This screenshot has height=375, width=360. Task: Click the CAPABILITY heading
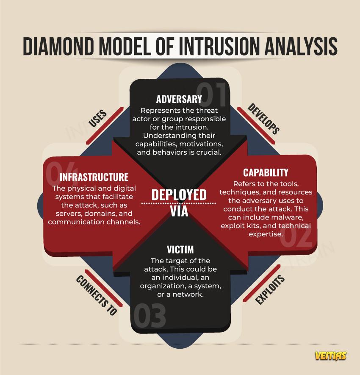(266, 172)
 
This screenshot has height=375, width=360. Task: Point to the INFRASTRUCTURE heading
(94, 177)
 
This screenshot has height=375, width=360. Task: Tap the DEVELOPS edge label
(263, 119)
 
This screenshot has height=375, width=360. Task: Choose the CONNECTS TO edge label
(96, 295)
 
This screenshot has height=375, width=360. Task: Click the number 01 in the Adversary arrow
(212, 92)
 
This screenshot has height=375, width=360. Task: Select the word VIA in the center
(179, 211)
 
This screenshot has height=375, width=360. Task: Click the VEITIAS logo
(330, 356)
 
